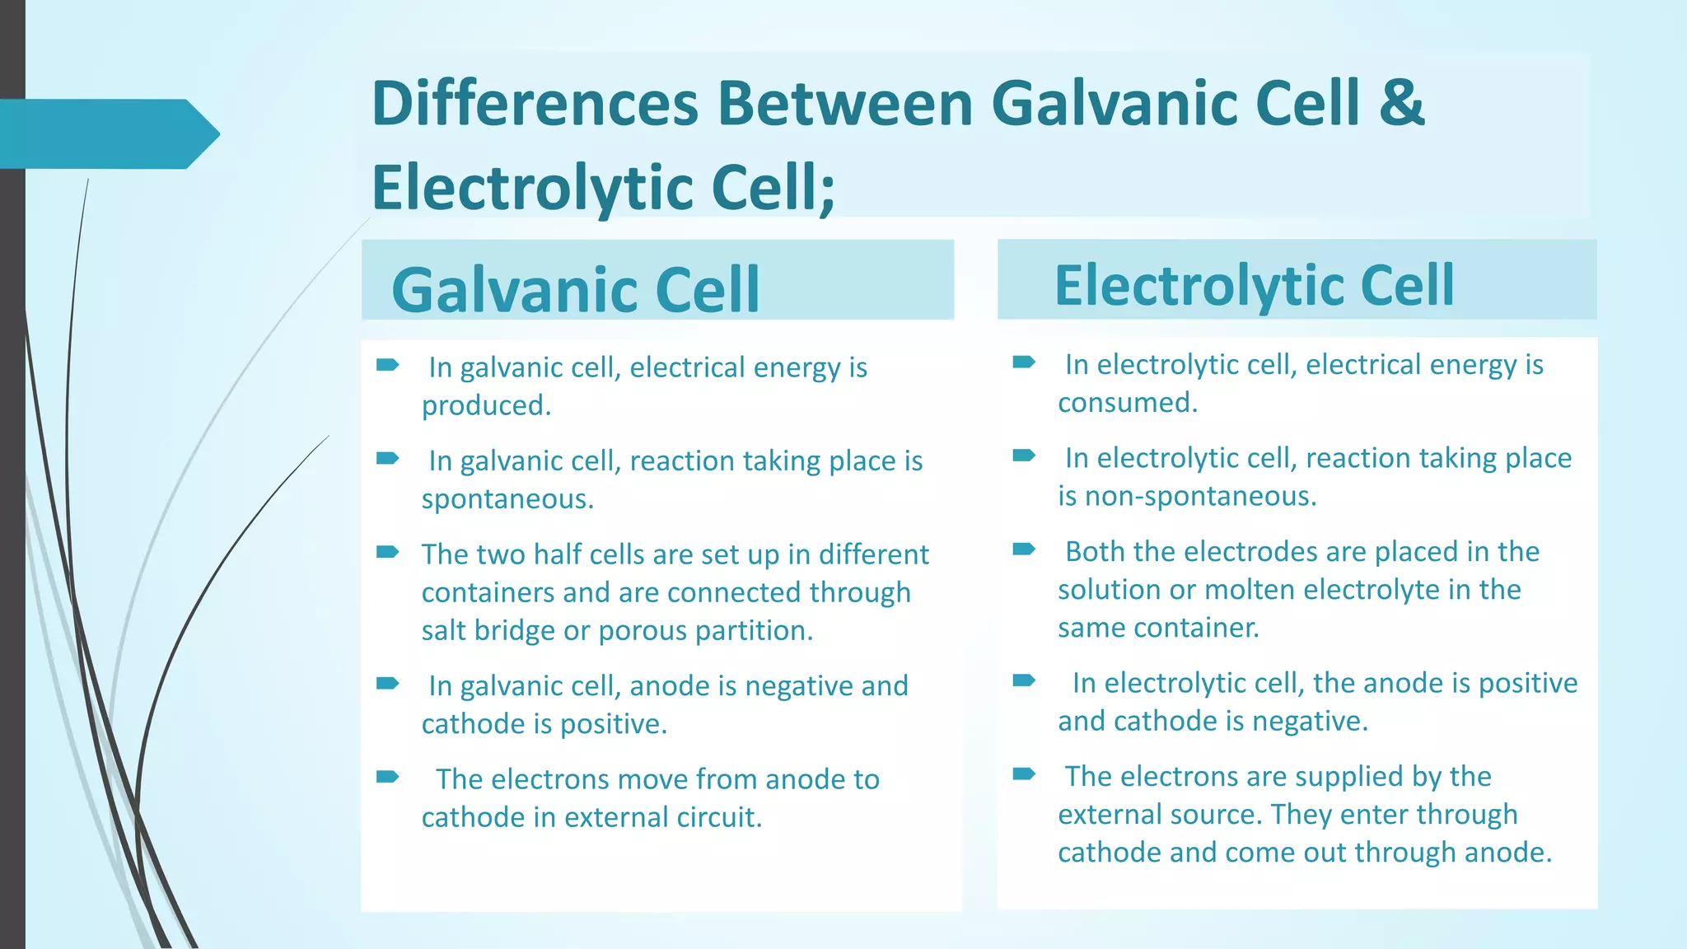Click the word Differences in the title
point(534,103)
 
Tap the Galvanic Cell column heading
point(575,290)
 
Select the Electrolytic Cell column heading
point(1254,285)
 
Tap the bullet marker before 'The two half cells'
point(387,552)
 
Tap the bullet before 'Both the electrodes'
point(1023,549)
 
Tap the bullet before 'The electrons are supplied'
point(1023,774)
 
